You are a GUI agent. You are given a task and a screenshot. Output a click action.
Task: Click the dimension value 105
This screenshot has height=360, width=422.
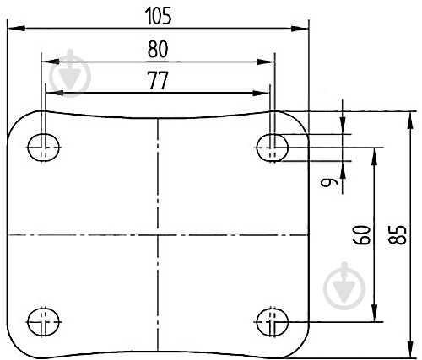[x=158, y=16]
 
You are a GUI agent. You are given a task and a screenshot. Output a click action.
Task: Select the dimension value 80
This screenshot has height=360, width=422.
[x=158, y=49]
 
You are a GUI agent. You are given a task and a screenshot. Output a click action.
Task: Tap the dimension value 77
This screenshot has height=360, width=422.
[x=158, y=80]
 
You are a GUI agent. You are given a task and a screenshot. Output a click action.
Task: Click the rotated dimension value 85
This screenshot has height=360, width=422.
[x=398, y=235]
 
